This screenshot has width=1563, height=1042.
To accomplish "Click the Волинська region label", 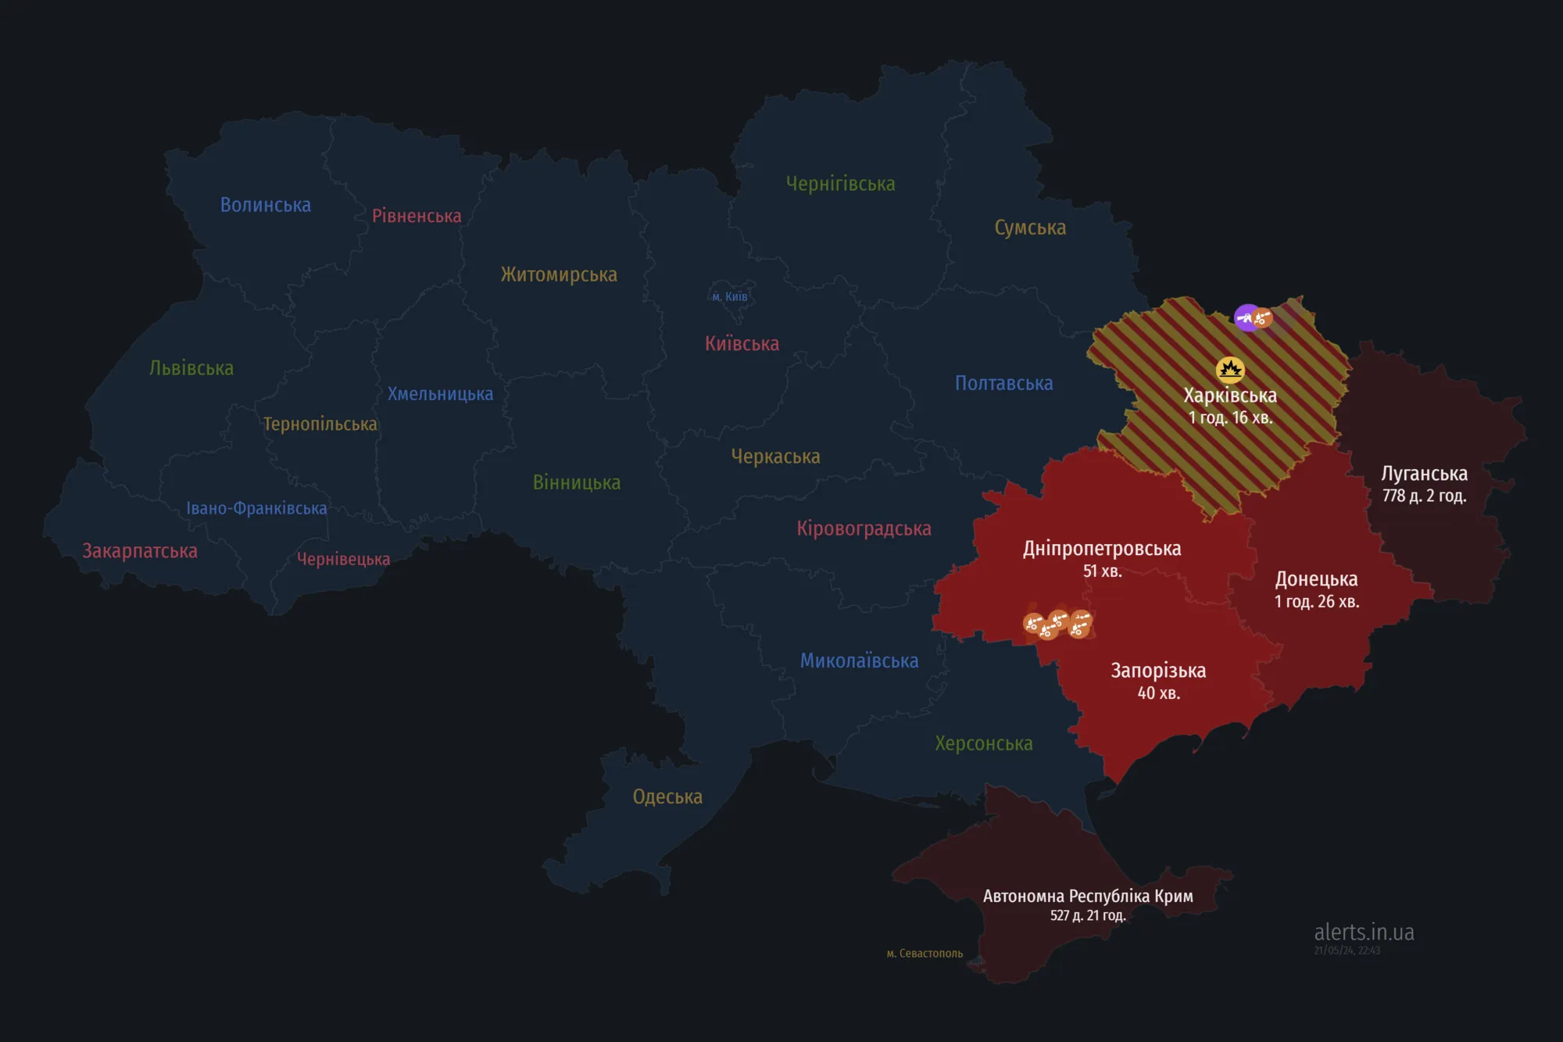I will tap(265, 205).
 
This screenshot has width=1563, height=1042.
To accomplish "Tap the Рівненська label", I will tap(417, 216).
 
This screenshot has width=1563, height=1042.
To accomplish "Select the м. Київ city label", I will tap(730, 296).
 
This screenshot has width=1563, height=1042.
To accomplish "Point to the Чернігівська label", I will tap(840, 184).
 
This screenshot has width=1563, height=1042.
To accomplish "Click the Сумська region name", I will tap(1030, 227).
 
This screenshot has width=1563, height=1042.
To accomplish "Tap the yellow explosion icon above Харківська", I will tap(1230, 369).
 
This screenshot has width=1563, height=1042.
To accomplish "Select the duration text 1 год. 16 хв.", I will tap(1230, 417).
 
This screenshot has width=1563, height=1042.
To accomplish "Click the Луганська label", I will tap(1424, 474).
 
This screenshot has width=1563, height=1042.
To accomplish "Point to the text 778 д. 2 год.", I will tap(1424, 496).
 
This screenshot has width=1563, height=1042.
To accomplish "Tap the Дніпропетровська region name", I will tap(1102, 549).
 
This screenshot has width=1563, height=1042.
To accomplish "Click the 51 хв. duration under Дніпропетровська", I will tap(1102, 571).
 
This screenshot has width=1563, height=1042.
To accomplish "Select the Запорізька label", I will tap(1158, 671).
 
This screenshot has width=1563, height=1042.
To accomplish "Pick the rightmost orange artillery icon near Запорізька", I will tap(1080, 624).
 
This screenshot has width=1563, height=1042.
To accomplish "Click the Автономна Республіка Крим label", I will tap(1088, 896).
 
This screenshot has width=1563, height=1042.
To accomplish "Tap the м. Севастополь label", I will tap(925, 954).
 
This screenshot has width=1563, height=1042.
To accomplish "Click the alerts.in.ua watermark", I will tap(1364, 933).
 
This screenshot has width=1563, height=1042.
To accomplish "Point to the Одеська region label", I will tap(667, 797).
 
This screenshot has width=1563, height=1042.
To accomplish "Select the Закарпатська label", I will tap(140, 551).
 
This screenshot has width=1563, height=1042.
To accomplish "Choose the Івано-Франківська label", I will tap(256, 508).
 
